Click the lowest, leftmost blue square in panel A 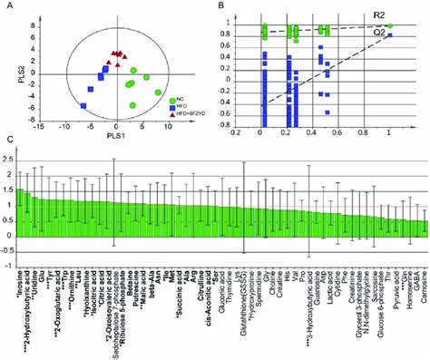(x=83, y=106)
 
